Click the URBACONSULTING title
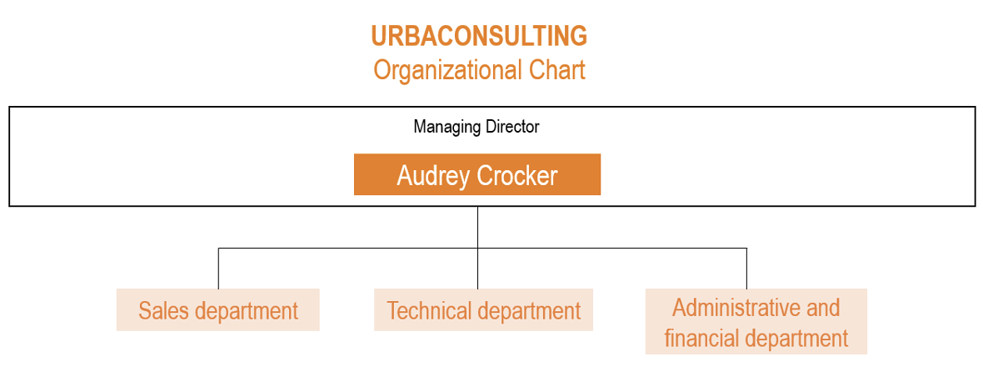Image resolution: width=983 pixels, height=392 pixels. [x=479, y=36]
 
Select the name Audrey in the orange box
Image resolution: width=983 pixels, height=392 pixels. [x=434, y=176]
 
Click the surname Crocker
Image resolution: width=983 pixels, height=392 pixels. [x=517, y=176]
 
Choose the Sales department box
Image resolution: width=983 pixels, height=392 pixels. [x=218, y=309]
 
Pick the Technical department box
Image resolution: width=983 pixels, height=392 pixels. [x=483, y=309]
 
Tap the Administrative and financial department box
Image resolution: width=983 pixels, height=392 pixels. [x=756, y=322]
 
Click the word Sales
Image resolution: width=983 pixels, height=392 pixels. [x=163, y=310]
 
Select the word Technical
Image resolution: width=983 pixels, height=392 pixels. [x=429, y=310]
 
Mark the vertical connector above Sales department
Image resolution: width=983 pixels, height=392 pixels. [x=218, y=269]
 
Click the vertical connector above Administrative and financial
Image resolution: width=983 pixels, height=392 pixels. [x=746, y=269]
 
